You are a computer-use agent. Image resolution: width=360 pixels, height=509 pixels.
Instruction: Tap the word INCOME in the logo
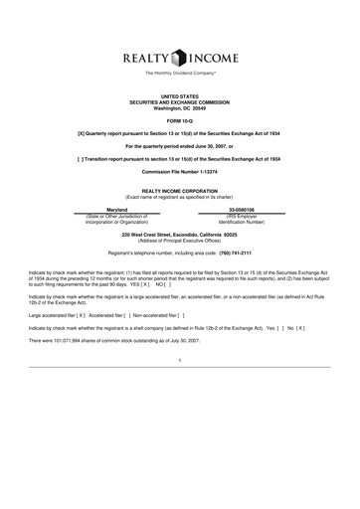click(x=217, y=58)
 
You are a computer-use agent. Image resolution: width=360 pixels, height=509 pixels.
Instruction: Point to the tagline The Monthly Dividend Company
click(x=180, y=74)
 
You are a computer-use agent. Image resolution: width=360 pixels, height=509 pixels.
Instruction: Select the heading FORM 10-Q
click(x=180, y=120)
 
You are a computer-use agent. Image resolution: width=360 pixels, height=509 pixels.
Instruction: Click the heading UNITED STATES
click(x=180, y=95)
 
